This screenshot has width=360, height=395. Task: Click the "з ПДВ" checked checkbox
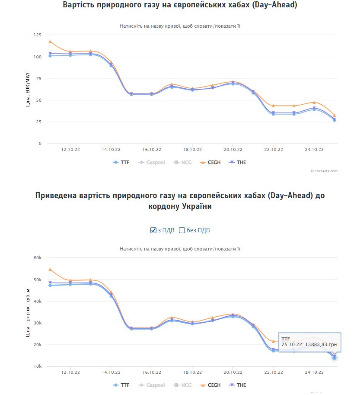tap(153, 230)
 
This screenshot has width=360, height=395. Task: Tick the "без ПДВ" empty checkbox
tap(182, 230)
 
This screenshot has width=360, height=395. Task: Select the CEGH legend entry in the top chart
tap(211, 163)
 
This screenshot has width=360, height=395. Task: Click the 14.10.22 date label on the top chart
tap(111, 150)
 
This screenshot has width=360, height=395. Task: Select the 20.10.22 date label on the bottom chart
tap(233, 373)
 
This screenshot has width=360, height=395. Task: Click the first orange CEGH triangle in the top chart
tap(50, 42)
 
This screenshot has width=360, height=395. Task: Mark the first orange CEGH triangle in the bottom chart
tap(50, 269)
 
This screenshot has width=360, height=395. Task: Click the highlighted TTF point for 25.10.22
tap(335, 358)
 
